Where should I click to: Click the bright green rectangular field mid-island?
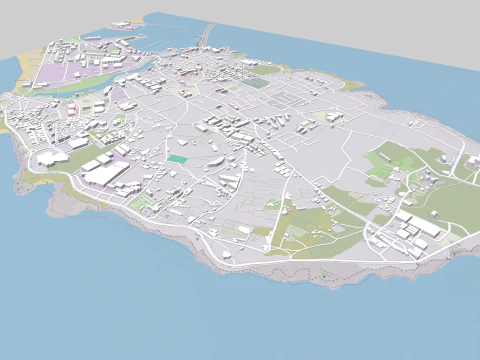(177, 158)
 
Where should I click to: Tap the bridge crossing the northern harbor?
(208, 38)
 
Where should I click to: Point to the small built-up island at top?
(127, 25)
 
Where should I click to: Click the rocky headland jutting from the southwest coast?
(20, 180)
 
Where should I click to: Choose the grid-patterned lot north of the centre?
(285, 100)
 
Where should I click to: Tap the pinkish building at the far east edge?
(472, 160)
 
